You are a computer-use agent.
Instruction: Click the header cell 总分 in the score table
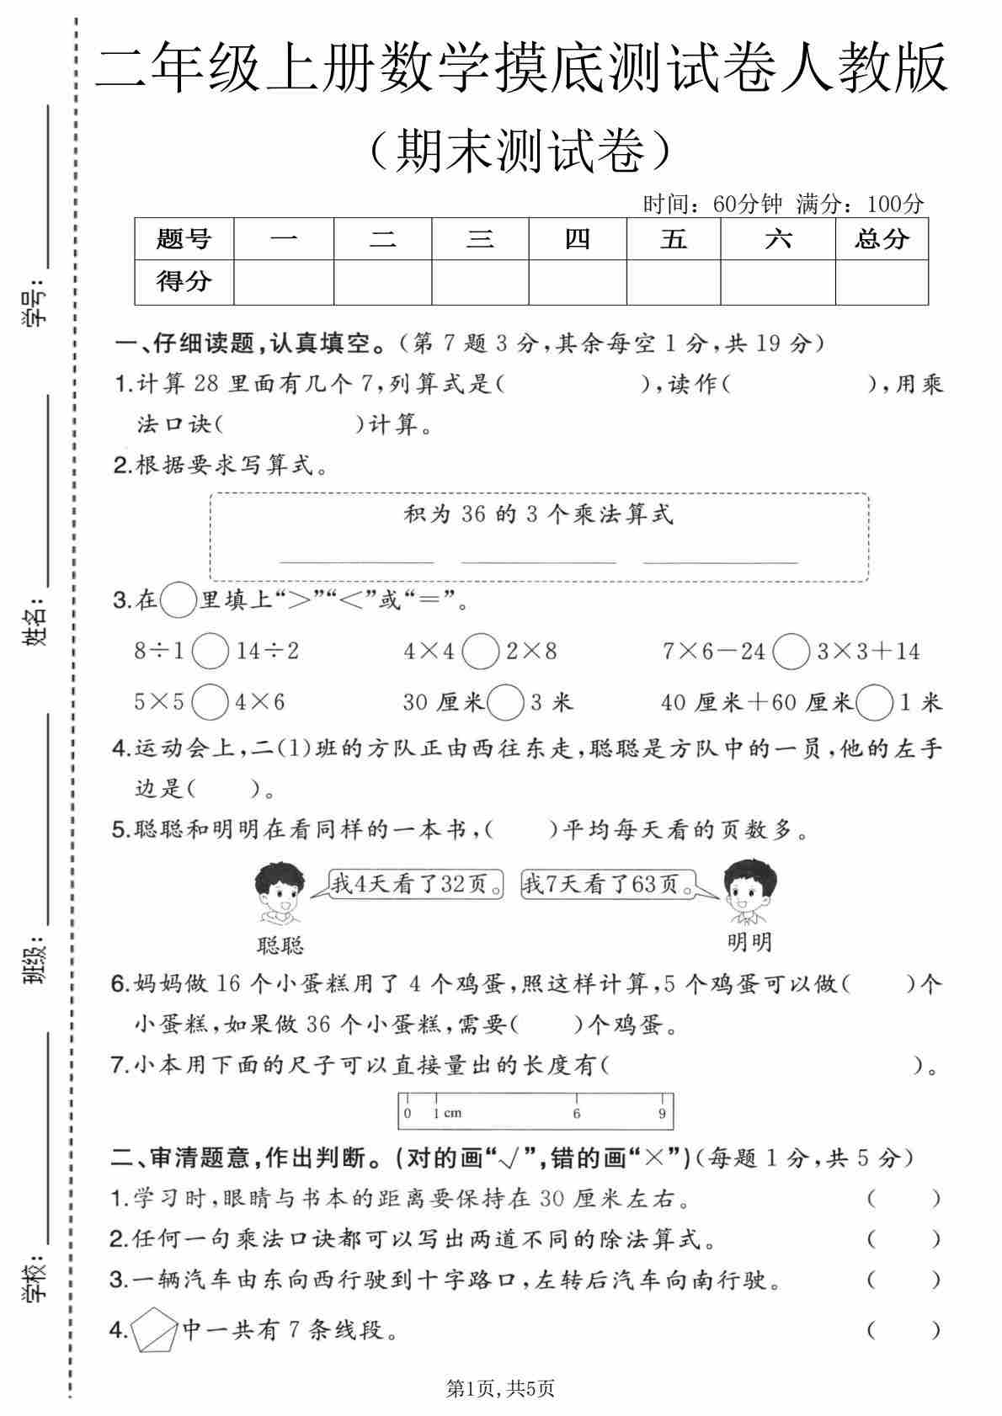click(881, 239)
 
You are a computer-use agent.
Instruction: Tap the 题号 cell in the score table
click(184, 239)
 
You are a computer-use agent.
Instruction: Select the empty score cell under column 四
click(578, 282)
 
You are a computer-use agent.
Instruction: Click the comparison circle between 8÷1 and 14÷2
click(210, 651)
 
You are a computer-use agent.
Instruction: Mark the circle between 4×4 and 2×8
click(481, 651)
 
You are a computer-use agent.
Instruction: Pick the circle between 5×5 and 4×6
click(211, 701)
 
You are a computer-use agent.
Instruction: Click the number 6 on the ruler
click(577, 1113)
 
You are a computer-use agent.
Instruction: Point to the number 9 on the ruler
click(663, 1113)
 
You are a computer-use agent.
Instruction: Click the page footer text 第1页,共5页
click(501, 1388)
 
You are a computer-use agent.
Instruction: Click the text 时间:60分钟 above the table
click(712, 204)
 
